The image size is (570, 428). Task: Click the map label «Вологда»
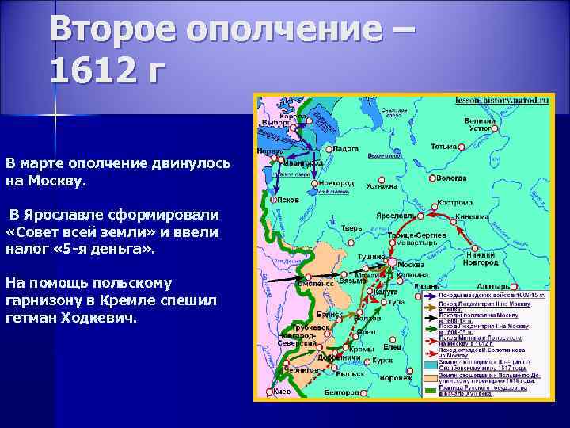[450, 178]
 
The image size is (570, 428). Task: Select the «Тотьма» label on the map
[444, 147]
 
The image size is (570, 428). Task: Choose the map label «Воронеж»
[394, 378]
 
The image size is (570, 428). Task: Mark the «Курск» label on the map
[384, 359]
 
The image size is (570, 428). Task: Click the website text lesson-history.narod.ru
[500, 101]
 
